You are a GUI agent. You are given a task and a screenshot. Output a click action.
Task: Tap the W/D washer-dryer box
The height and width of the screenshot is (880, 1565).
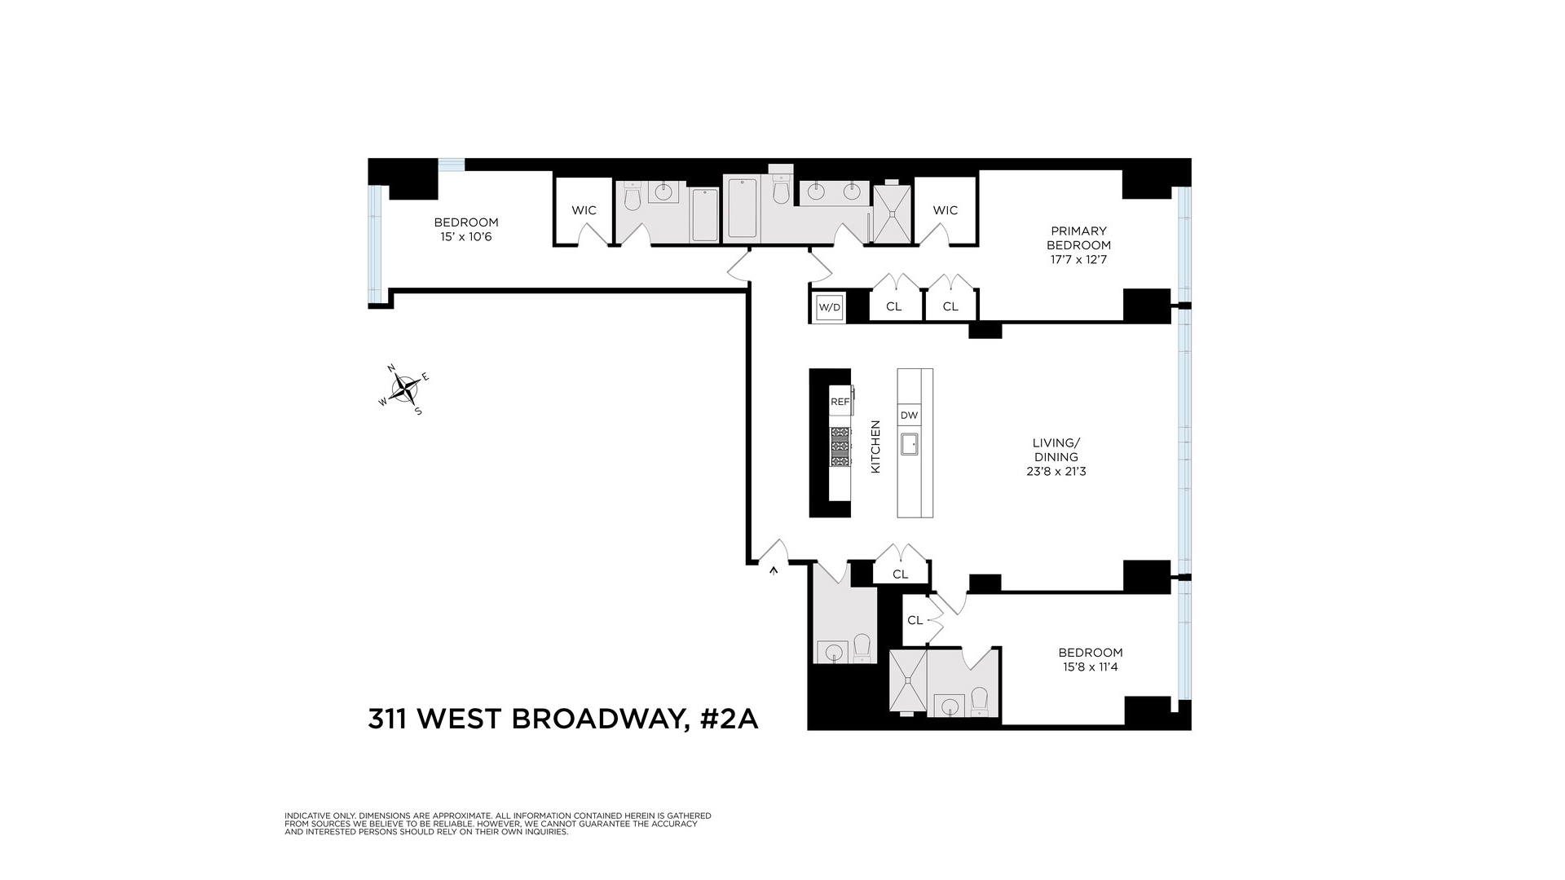(x=829, y=308)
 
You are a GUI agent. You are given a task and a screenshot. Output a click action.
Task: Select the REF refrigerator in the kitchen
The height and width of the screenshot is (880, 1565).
(x=840, y=402)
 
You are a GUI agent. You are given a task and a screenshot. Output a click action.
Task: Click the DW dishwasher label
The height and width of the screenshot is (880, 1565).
(x=909, y=416)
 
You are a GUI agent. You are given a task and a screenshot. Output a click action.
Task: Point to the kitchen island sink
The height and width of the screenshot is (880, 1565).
(x=909, y=445)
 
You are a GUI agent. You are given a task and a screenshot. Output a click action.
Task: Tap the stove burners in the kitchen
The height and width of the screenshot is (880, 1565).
(x=840, y=447)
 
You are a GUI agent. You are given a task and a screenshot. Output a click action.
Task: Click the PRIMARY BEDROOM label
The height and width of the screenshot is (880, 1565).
(x=1078, y=238)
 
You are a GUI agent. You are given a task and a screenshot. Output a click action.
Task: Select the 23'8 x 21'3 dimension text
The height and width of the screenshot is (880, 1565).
(x=1056, y=471)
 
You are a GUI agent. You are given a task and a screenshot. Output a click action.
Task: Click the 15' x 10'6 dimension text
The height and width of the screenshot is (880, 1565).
(x=466, y=237)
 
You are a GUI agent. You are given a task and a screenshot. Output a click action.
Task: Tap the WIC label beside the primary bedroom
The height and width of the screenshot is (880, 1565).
(x=946, y=210)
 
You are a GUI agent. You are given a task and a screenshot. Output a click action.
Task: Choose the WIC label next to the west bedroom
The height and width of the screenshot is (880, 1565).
(x=584, y=210)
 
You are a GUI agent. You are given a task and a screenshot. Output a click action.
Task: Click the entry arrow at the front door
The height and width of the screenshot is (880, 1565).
(x=774, y=571)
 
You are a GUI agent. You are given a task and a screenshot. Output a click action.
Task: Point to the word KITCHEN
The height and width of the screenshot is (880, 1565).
(x=876, y=447)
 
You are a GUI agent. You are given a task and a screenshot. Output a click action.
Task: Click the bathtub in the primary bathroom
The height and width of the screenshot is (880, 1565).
(x=741, y=208)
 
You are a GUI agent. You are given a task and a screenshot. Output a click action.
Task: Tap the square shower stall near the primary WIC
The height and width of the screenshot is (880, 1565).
(x=893, y=214)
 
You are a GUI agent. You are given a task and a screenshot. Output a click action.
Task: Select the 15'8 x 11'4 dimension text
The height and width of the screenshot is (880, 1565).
(x=1091, y=667)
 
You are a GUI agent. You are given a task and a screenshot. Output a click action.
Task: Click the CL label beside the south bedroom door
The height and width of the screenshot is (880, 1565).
(x=915, y=620)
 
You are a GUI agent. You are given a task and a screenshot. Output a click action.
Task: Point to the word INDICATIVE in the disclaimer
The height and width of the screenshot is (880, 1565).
(x=306, y=816)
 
